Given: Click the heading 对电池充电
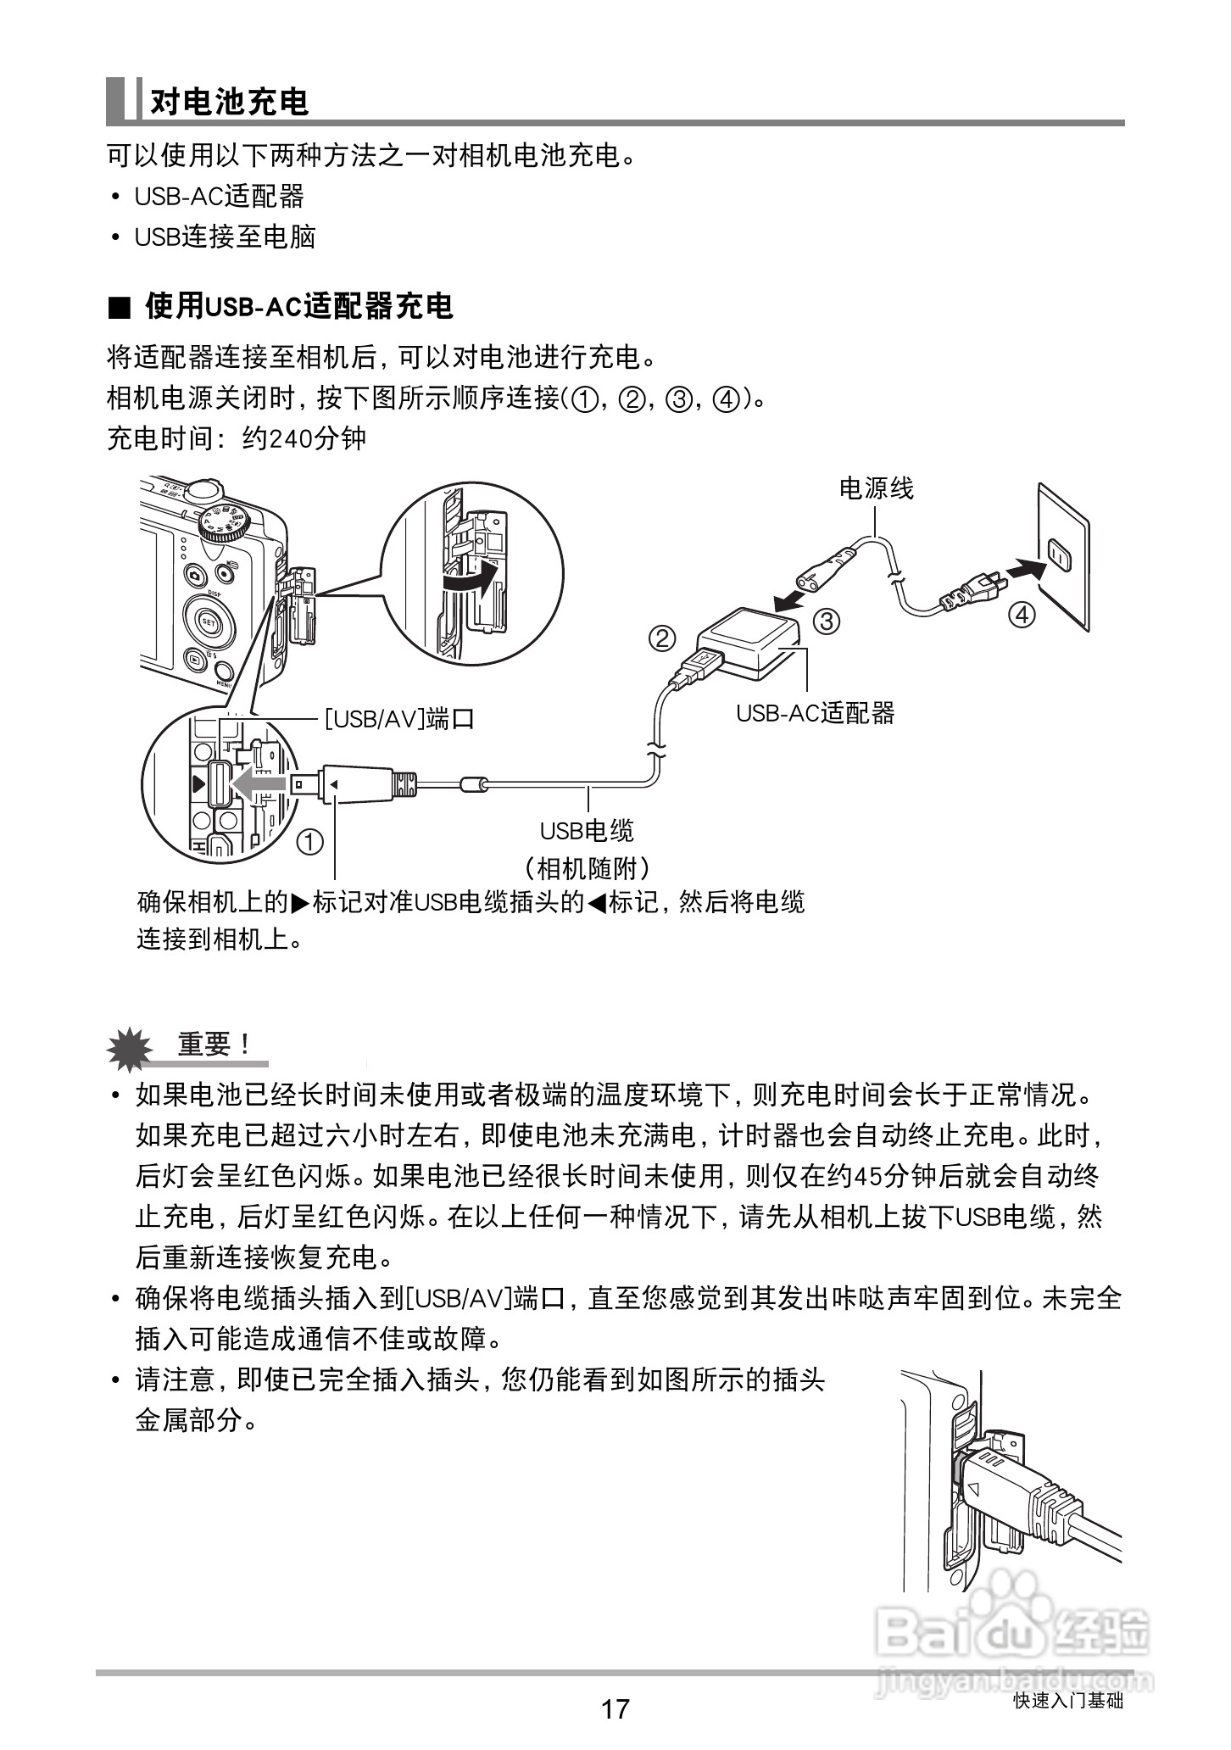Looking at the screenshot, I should (229, 102).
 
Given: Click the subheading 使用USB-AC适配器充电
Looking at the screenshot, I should (298, 306).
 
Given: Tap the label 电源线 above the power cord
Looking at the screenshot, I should (876, 488).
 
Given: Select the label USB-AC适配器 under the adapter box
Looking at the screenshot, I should (815, 713).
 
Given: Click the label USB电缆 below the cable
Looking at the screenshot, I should (587, 830).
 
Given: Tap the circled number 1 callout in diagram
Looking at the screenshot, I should (310, 842).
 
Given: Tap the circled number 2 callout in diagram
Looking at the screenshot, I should (662, 637).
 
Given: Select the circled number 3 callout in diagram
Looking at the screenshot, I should (826, 621).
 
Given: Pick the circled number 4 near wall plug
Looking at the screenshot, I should (1023, 614).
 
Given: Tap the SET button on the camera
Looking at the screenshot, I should (209, 621).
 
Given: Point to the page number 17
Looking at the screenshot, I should (615, 1708).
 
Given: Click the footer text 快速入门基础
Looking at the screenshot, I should (1067, 1701).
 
